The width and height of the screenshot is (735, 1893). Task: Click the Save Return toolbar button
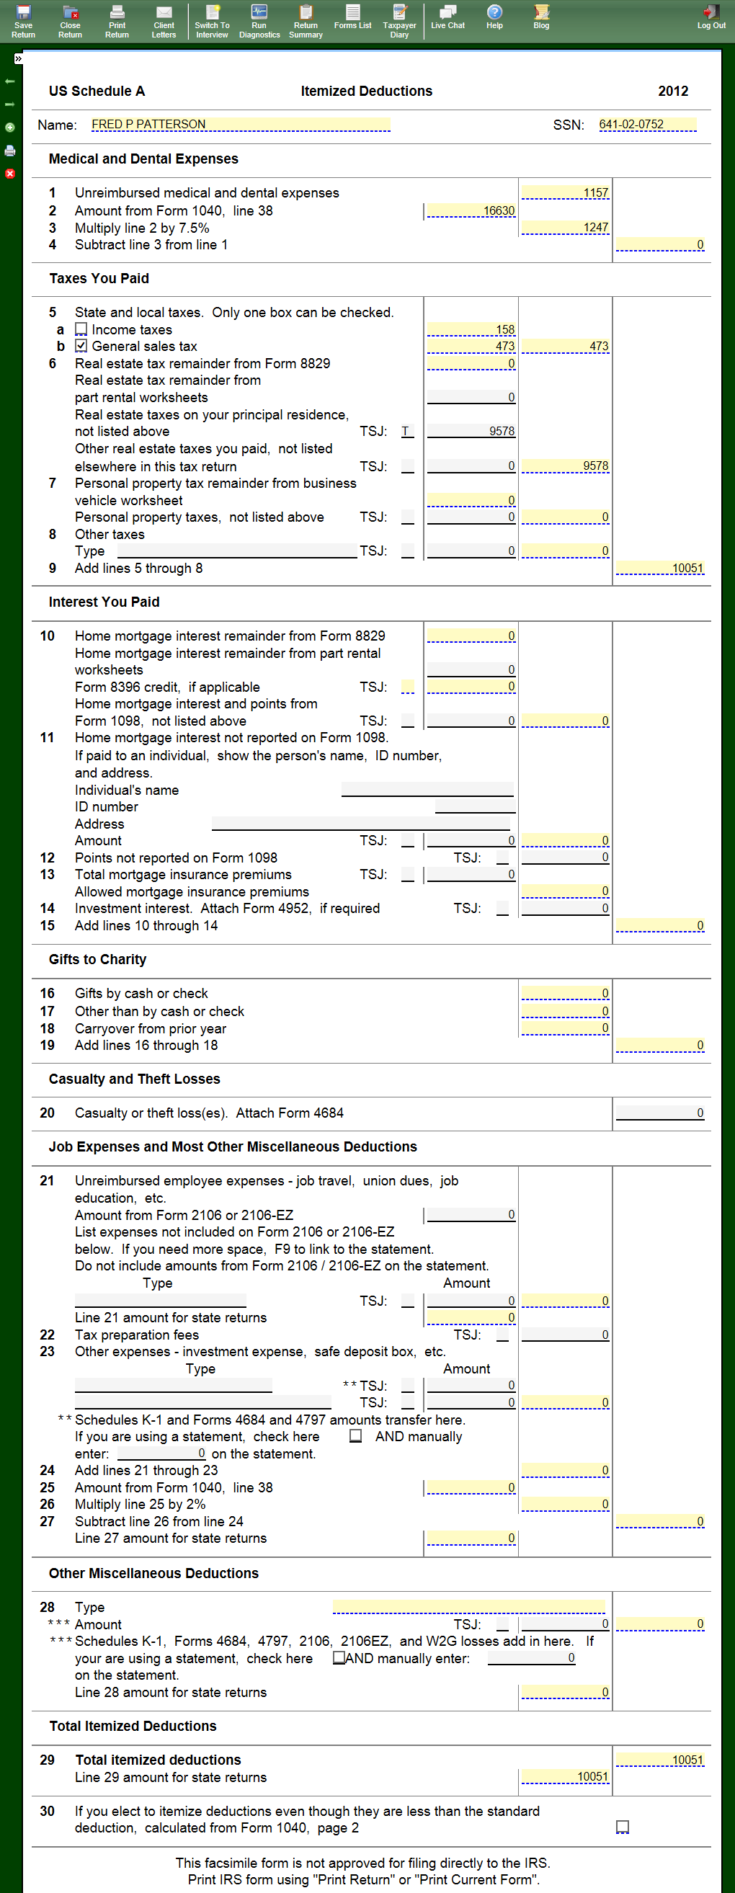click(x=23, y=21)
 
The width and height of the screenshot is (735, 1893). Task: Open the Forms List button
click(x=353, y=17)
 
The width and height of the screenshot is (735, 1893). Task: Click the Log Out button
click(x=710, y=17)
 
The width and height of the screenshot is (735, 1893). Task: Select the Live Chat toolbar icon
click(x=447, y=17)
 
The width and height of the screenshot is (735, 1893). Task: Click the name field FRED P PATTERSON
click(x=241, y=124)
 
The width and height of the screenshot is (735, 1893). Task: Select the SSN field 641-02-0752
click(x=647, y=124)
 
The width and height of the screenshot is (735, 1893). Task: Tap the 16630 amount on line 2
click(x=471, y=211)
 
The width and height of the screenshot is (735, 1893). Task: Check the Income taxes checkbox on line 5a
click(x=81, y=329)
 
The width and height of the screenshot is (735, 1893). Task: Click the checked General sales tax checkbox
click(x=81, y=346)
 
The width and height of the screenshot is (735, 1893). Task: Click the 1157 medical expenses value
click(x=565, y=192)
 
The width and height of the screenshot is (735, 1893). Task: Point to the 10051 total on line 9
click(x=659, y=568)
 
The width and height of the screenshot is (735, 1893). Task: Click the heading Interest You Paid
click(x=104, y=602)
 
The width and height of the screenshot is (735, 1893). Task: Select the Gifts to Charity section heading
click(x=97, y=959)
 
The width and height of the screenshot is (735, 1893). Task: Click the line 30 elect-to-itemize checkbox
click(x=623, y=1827)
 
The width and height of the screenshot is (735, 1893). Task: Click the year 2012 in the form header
click(x=672, y=91)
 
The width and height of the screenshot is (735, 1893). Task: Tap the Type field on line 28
click(x=468, y=1607)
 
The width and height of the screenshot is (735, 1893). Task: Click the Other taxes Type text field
click(x=236, y=551)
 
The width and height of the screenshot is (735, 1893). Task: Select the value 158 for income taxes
click(x=471, y=329)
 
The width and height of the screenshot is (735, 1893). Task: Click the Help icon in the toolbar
click(x=494, y=17)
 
